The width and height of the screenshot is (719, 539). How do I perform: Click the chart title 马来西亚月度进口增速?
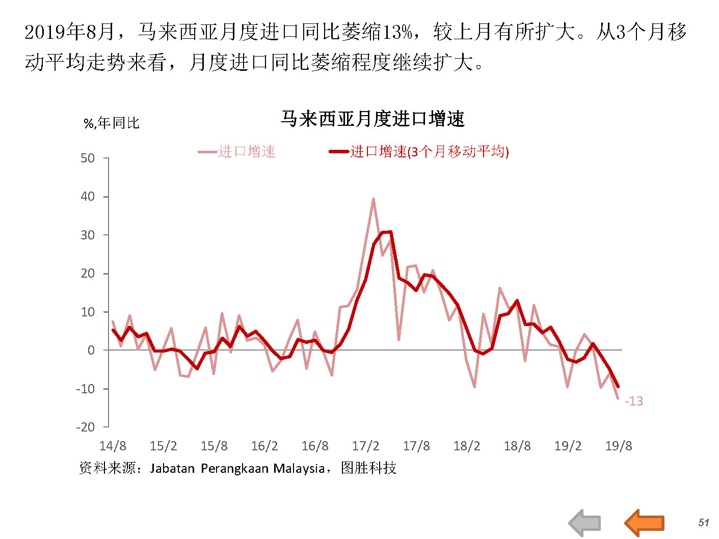(x=372, y=119)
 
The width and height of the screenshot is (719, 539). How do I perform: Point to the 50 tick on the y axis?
(x=88, y=158)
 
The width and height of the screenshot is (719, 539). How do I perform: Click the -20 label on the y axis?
(x=85, y=427)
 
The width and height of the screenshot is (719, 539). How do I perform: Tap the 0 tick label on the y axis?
(x=91, y=351)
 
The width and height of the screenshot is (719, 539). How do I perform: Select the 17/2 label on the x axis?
(x=365, y=446)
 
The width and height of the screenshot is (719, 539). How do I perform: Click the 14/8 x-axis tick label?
(x=113, y=446)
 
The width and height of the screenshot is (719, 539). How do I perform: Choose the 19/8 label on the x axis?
(x=618, y=446)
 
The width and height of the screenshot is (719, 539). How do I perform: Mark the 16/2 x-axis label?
(x=264, y=446)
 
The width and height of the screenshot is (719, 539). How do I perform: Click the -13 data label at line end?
(x=633, y=401)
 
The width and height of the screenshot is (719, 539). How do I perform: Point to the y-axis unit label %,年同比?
(x=111, y=123)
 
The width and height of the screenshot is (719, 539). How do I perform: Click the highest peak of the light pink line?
(x=374, y=199)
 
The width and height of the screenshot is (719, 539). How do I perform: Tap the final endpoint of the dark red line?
(x=618, y=386)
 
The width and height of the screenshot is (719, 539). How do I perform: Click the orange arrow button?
(x=645, y=523)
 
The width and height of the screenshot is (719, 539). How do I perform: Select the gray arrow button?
(x=585, y=523)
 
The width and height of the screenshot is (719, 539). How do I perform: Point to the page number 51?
(x=704, y=523)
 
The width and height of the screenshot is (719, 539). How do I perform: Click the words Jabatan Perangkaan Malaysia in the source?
(x=237, y=468)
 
